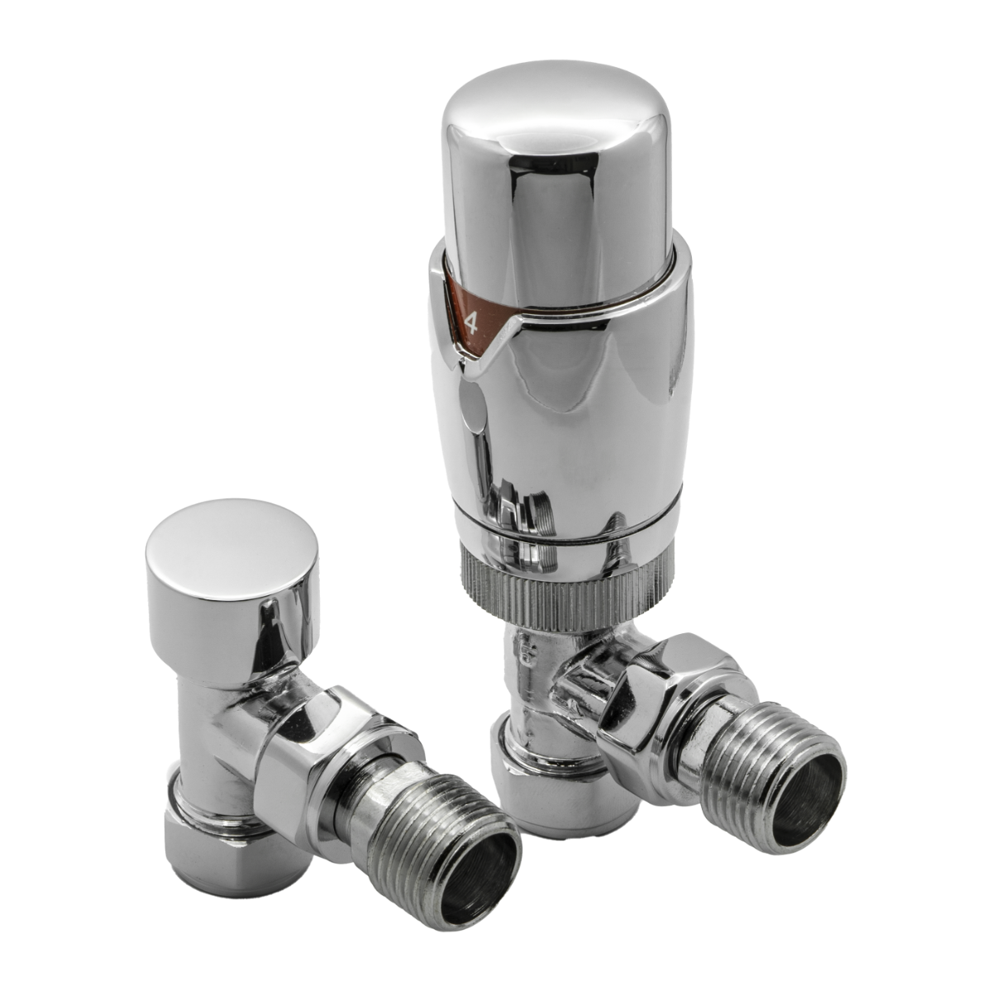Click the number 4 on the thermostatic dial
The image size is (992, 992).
coord(472,323)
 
